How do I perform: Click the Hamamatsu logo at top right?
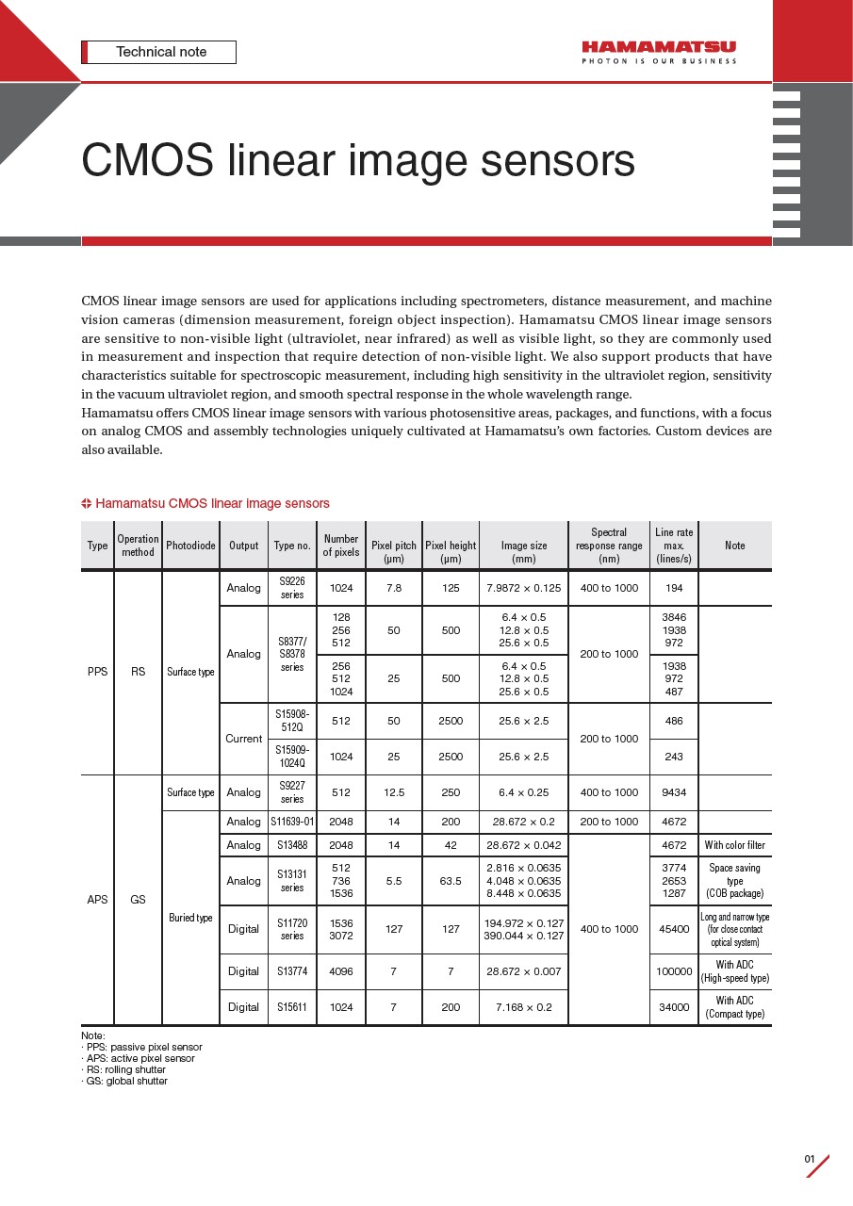pos(658,51)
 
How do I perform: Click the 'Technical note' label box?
pos(160,52)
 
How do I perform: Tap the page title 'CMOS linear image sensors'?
pos(357,160)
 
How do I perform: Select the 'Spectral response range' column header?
pos(609,546)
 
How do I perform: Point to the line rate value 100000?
pos(674,971)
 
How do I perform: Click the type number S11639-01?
pos(292,822)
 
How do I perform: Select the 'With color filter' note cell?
pos(735,845)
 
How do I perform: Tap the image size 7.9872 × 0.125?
pos(523,588)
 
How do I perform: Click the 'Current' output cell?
pos(243,739)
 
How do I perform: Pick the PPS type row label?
pos(97,672)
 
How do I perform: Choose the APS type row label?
pos(97,900)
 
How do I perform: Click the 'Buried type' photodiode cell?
pos(190,918)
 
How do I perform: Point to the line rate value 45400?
pos(674,929)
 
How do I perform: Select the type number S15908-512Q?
pos(292,721)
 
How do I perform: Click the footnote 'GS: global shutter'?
pos(124,1081)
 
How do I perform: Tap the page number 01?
pos(809,1159)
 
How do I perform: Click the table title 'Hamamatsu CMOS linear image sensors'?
pos(212,503)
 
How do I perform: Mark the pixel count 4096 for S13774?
pos(341,971)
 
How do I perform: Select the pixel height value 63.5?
pos(451,881)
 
